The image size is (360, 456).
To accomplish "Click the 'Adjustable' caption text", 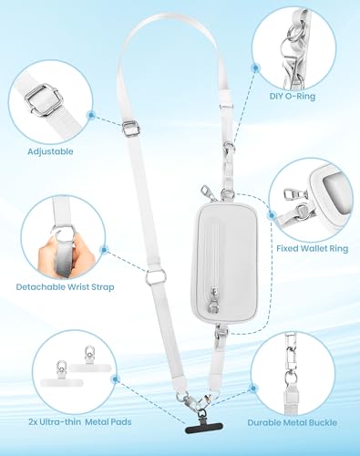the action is click(x=50, y=151).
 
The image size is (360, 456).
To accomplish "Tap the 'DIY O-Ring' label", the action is click(x=293, y=96).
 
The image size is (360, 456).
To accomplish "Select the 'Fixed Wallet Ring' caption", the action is click(x=313, y=248).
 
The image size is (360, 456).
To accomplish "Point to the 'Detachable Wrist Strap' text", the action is click(x=65, y=287).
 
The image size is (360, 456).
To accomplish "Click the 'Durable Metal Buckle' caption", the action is click(x=293, y=422).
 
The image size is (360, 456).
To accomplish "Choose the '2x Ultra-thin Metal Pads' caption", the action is click(x=80, y=422).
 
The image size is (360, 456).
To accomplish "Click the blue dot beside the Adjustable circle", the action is click(x=91, y=115).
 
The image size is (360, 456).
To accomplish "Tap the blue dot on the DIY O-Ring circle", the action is click(x=256, y=67).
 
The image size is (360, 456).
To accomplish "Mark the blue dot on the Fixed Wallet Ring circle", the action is click(x=272, y=215).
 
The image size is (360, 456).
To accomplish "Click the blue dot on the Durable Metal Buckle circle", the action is click(x=252, y=389).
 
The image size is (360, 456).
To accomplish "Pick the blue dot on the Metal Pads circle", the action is click(x=115, y=378).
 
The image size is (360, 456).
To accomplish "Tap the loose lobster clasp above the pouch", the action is click(x=206, y=192).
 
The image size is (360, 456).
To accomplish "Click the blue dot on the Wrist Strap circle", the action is click(x=104, y=250).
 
